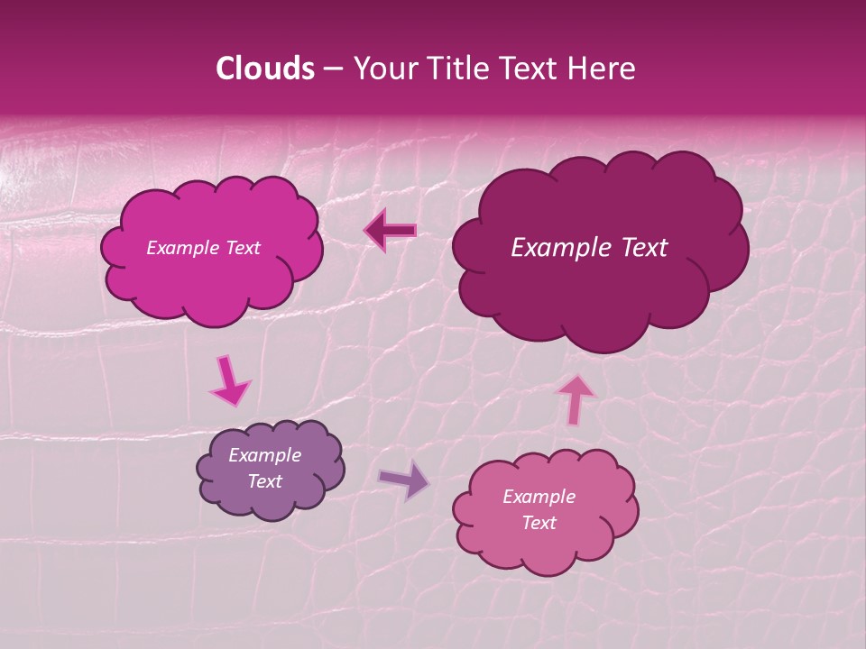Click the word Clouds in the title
264,69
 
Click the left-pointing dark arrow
391,231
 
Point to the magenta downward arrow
230,381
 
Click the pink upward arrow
575,398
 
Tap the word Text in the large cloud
645,248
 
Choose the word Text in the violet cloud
265,481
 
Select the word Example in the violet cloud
265,455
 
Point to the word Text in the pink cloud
539,523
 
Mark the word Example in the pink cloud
539,497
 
